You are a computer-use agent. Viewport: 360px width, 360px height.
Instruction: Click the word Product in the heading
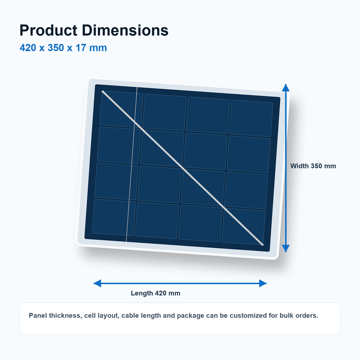pos(48,30)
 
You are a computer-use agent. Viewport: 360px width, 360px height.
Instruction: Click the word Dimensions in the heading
pos(125,30)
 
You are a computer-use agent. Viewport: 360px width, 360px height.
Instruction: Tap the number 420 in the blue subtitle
pos(28,48)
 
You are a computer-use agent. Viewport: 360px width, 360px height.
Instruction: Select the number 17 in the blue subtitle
pos(81,48)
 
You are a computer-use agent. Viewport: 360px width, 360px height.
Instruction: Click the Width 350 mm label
pos(313,166)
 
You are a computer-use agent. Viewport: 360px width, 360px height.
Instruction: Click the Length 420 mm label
pos(155,293)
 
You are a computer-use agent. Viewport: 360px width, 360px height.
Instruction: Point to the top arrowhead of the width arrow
pos(286,88)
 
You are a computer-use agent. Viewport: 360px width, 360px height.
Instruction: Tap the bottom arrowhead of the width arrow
pos(286,248)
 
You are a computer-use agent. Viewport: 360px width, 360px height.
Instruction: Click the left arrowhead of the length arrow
pos(97,283)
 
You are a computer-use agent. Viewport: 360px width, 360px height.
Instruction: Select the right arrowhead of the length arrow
pos(263,283)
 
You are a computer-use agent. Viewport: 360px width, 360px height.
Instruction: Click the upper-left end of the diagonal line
pos(102,91)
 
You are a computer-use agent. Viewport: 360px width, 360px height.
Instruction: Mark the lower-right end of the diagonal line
pos(262,245)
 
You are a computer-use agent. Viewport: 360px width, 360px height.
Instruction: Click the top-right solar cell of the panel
pos(251,118)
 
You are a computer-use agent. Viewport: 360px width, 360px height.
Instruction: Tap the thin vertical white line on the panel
pos(132,164)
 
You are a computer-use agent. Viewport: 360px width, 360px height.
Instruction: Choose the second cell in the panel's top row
pos(165,112)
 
